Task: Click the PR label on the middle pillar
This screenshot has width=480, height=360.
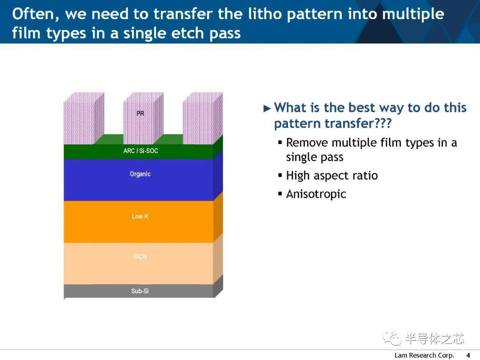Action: click(x=140, y=114)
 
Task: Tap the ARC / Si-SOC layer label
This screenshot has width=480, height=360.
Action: click(x=140, y=151)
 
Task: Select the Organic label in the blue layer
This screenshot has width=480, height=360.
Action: click(x=140, y=174)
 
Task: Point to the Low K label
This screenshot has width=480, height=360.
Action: click(x=140, y=216)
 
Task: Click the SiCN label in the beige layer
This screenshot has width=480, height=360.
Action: click(x=140, y=256)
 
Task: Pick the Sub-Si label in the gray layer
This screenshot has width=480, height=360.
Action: click(x=140, y=291)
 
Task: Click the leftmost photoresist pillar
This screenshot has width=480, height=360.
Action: click(x=84, y=118)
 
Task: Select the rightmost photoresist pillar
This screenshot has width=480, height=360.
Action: click(x=203, y=118)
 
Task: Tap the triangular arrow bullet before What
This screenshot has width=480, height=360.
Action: click(x=267, y=108)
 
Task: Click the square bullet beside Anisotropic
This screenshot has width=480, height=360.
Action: click(x=280, y=194)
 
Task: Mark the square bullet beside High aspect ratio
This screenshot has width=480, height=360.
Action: click(x=280, y=176)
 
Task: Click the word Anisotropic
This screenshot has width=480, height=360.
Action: click(x=316, y=194)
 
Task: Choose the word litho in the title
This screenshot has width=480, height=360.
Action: click(x=264, y=14)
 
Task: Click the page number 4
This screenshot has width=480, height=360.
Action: click(x=468, y=355)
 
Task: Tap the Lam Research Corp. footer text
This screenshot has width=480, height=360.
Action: click(x=424, y=355)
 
